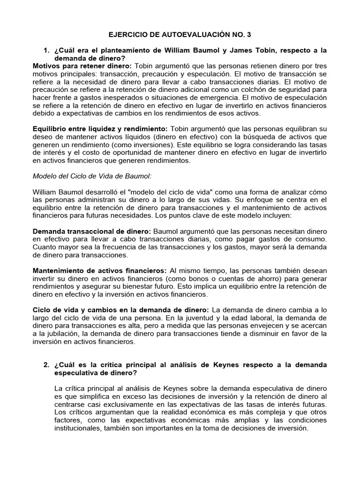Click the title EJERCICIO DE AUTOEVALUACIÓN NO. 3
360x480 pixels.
[x=180, y=35]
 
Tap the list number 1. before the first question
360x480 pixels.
[x=46, y=50]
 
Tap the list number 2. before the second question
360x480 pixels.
[x=46, y=365]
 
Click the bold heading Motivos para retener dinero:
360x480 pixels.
[x=82, y=66]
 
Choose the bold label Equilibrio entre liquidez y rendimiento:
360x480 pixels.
[x=100, y=129]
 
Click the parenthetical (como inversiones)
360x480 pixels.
[x=142, y=145]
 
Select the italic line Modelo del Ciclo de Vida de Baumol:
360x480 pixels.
[x=86, y=176]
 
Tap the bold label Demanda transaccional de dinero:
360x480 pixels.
[x=91, y=232]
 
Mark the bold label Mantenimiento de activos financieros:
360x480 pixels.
[x=99, y=271]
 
